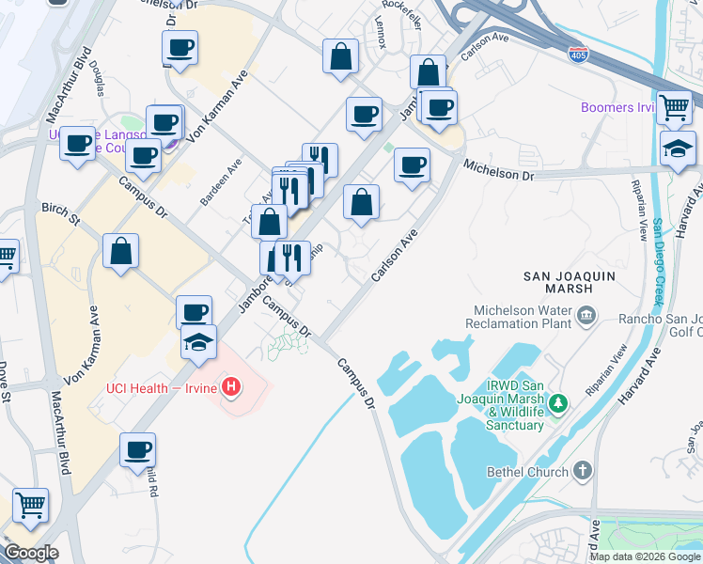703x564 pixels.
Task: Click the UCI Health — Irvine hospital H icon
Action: click(x=231, y=386)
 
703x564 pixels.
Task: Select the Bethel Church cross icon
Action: click(x=583, y=471)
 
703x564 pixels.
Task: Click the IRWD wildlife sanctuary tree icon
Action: click(x=559, y=403)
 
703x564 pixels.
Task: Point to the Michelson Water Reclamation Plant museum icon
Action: click(x=587, y=314)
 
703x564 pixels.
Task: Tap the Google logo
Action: click(x=30, y=553)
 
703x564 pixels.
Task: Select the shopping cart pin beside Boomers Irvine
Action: click(x=675, y=108)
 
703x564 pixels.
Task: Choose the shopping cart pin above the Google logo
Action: click(x=30, y=505)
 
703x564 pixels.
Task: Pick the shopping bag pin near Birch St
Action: click(x=121, y=252)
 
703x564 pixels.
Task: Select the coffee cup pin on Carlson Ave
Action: click(x=411, y=165)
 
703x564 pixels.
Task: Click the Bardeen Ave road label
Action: click(x=221, y=182)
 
